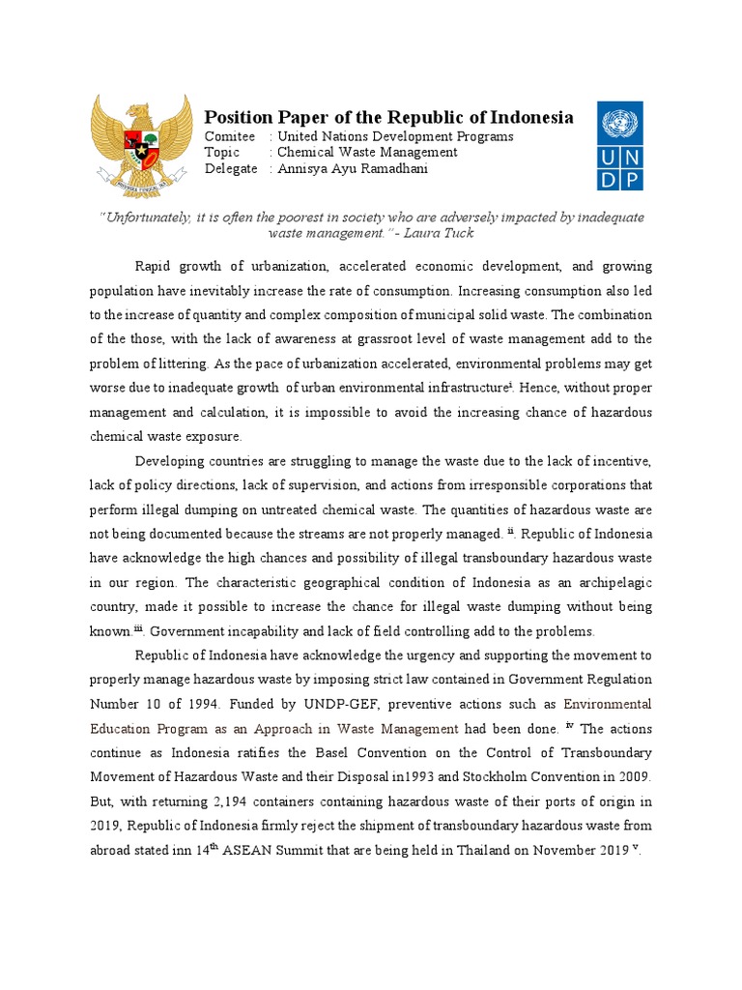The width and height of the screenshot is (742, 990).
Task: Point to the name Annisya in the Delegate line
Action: click(x=303, y=168)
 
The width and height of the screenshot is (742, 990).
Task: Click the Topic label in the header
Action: click(x=221, y=153)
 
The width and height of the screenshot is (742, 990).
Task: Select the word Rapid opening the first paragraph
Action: click(x=152, y=266)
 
